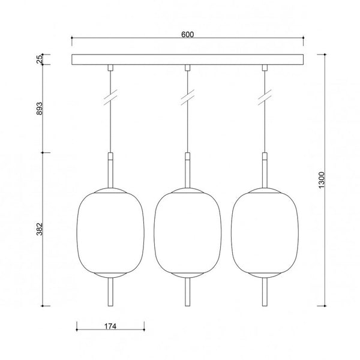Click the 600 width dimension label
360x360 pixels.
pyautogui.click(x=188, y=34)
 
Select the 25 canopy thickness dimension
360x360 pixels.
pyautogui.click(x=40, y=59)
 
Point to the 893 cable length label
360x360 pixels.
pyautogui.click(x=40, y=109)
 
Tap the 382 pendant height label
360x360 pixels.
pyautogui.click(x=40, y=229)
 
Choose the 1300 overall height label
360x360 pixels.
pyautogui.click(x=322, y=180)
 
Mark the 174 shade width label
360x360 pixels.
pyautogui.click(x=110, y=326)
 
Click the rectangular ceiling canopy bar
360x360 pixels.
pyautogui.click(x=188, y=59)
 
